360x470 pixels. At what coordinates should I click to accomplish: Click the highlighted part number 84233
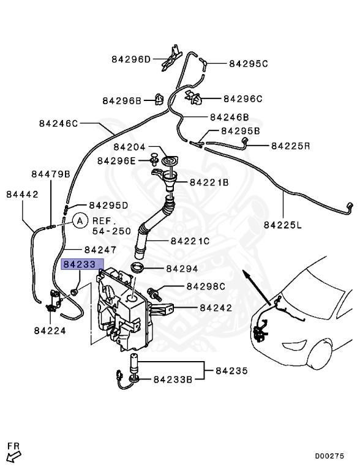79,264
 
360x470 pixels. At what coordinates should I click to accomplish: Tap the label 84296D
130,59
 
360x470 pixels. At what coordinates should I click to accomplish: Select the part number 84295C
249,63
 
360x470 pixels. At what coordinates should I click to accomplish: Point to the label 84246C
59,123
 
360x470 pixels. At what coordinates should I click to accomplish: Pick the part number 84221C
190,241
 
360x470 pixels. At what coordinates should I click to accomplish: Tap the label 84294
182,269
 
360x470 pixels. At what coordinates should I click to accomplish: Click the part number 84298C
206,286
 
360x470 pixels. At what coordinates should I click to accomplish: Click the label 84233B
172,379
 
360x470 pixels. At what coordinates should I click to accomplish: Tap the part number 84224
50,330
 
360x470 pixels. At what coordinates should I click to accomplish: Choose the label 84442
22,195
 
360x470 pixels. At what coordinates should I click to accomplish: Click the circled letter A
79,220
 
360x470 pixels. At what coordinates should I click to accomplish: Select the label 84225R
291,146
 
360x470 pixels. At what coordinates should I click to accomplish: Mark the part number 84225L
283,225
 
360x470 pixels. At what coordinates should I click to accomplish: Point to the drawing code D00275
333,456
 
